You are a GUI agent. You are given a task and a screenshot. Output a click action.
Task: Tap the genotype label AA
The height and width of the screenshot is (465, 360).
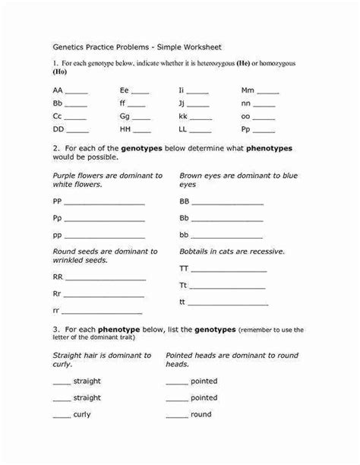click(58, 90)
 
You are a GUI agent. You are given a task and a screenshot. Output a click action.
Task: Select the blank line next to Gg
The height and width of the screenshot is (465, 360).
click(141, 118)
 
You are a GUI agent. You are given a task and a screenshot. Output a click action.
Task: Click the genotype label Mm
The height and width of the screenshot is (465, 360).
click(248, 90)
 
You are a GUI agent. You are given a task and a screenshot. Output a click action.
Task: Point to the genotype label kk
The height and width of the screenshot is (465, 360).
click(182, 118)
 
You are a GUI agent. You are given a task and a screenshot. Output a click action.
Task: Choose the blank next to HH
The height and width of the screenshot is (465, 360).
click(141, 131)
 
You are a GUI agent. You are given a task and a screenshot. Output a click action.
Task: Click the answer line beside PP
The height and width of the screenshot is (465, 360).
click(105, 203)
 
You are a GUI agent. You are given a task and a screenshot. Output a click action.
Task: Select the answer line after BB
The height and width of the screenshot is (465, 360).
click(228, 203)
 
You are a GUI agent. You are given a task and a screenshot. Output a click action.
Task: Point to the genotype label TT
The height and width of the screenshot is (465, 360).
click(183, 269)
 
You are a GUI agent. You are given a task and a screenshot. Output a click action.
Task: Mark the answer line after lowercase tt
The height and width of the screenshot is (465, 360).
click(229, 302)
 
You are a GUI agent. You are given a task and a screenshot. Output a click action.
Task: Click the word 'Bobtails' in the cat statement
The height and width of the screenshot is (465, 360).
click(194, 251)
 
